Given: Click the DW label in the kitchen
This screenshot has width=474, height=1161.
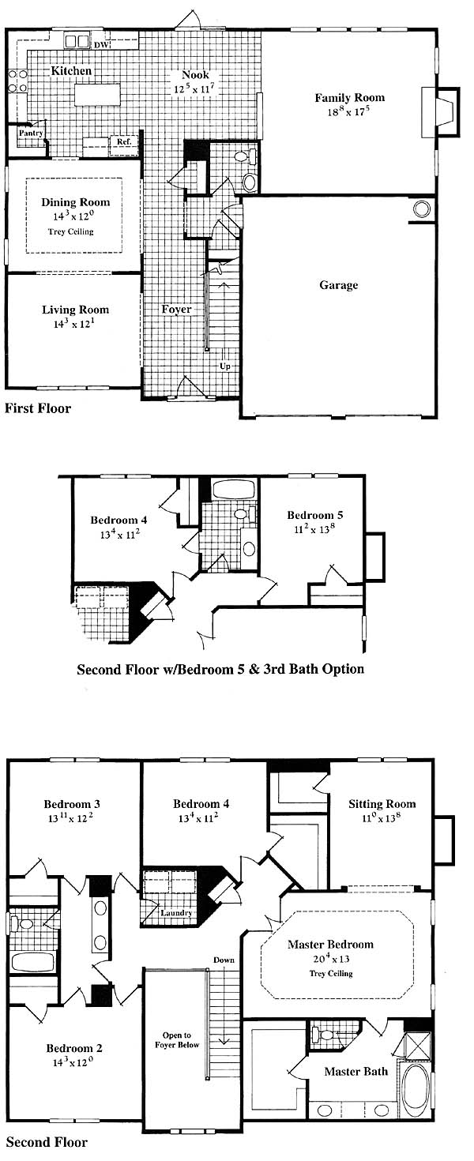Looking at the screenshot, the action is tap(102, 46).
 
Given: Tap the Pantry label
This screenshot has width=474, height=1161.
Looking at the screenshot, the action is tap(31, 133).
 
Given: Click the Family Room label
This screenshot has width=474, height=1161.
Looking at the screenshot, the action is tap(349, 97).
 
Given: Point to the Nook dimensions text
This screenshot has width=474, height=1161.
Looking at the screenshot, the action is tap(194, 88).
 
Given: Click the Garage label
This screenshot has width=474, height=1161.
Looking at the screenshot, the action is tap(339, 285).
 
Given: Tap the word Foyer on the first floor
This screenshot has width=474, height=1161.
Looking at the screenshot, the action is tap(176, 310).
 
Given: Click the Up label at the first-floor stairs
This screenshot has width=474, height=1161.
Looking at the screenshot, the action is tap(225, 366).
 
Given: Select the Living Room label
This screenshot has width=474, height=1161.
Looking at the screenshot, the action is tap(75, 310).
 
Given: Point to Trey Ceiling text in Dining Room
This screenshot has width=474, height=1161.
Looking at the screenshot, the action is tap(71, 231).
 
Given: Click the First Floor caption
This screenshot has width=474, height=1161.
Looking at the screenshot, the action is tap(38, 408).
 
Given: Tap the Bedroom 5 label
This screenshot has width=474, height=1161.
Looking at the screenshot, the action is tap(314, 515).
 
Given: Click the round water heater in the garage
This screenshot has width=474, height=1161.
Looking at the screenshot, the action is tap(420, 209).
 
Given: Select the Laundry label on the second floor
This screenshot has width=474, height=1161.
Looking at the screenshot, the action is tap(176, 913).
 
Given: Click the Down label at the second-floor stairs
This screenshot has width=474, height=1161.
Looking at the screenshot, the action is tap(224, 960).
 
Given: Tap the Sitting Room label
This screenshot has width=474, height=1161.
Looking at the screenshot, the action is tap(382, 804).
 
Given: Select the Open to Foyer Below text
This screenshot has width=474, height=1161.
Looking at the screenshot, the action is tap(177, 1039).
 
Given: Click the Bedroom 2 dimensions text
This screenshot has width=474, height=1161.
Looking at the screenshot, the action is tap(74, 1062).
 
